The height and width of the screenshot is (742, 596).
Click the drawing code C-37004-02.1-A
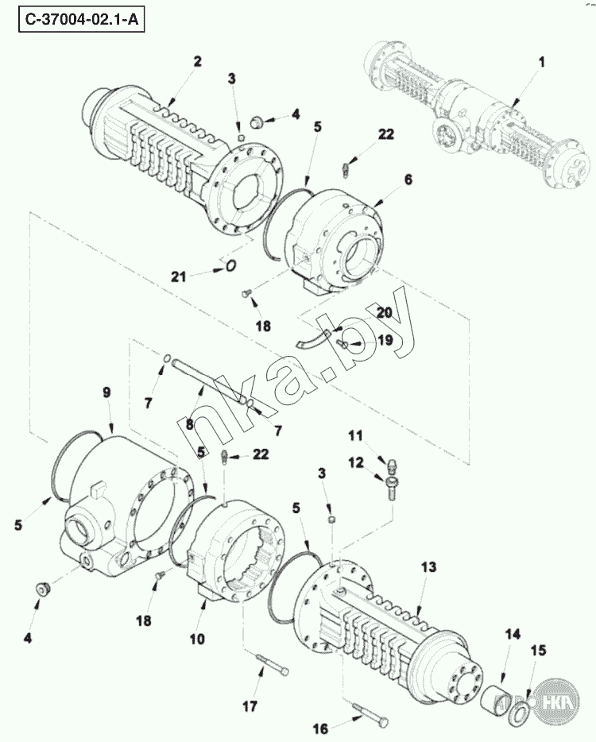click(x=81, y=21)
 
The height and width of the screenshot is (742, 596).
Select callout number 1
click(x=541, y=62)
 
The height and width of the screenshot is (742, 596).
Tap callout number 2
click(x=197, y=61)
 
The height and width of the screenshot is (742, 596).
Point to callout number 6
click(x=408, y=180)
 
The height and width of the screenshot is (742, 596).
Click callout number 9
click(x=106, y=392)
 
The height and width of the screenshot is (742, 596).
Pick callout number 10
click(x=197, y=640)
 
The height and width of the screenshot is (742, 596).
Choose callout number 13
click(x=428, y=566)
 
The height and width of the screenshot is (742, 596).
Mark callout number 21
click(x=179, y=276)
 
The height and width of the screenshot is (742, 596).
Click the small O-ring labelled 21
click(x=230, y=266)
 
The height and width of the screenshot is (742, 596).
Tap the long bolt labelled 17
click(x=273, y=667)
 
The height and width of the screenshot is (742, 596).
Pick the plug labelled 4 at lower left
click(x=44, y=589)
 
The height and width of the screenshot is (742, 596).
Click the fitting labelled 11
click(x=392, y=465)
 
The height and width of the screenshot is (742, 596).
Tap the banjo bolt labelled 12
click(x=393, y=488)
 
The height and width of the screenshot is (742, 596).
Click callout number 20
click(x=385, y=313)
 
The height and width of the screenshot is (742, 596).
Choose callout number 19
click(x=385, y=340)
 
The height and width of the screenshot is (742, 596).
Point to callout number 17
click(x=250, y=707)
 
